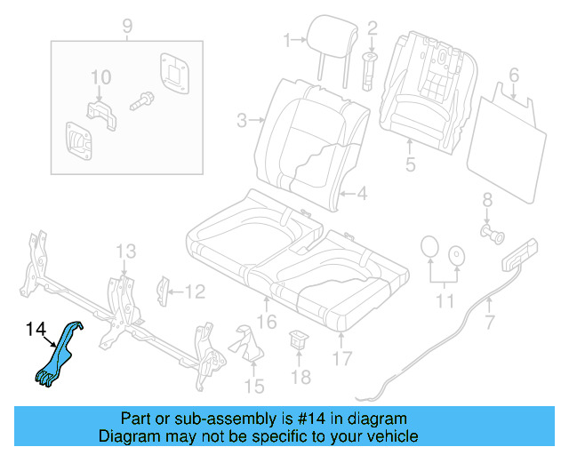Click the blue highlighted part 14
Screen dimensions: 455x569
click(60, 355)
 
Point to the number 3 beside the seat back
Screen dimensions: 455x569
click(241, 120)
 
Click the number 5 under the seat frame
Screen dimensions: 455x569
click(409, 164)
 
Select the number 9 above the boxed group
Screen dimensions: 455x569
click(126, 25)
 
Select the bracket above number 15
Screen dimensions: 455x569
click(245, 342)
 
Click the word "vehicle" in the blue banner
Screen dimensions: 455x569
click(387, 436)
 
